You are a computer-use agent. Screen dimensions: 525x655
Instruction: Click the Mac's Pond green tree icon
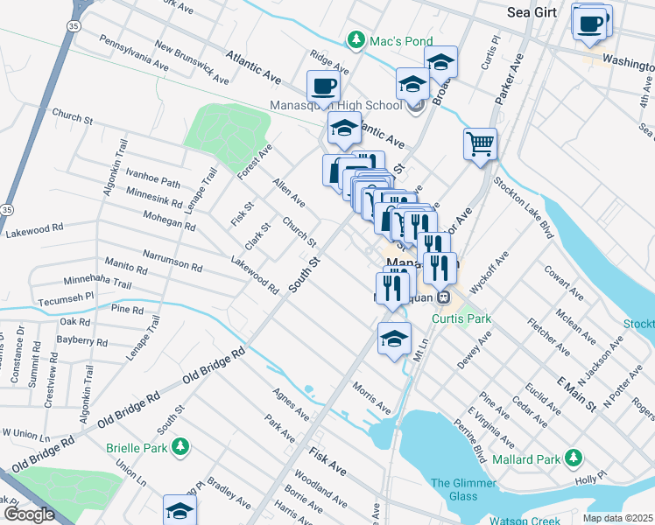click(356, 39)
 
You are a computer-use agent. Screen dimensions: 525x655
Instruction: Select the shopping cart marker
click(480, 144)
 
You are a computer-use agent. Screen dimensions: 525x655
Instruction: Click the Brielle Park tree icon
click(180, 447)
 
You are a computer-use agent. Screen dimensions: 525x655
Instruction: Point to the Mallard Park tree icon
click(574, 458)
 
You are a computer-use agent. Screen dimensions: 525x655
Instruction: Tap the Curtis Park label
click(461, 319)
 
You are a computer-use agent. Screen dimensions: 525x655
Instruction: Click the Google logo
click(29, 514)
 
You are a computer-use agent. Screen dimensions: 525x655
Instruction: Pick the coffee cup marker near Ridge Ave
click(323, 87)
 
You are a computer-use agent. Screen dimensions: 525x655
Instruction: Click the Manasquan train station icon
click(444, 297)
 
